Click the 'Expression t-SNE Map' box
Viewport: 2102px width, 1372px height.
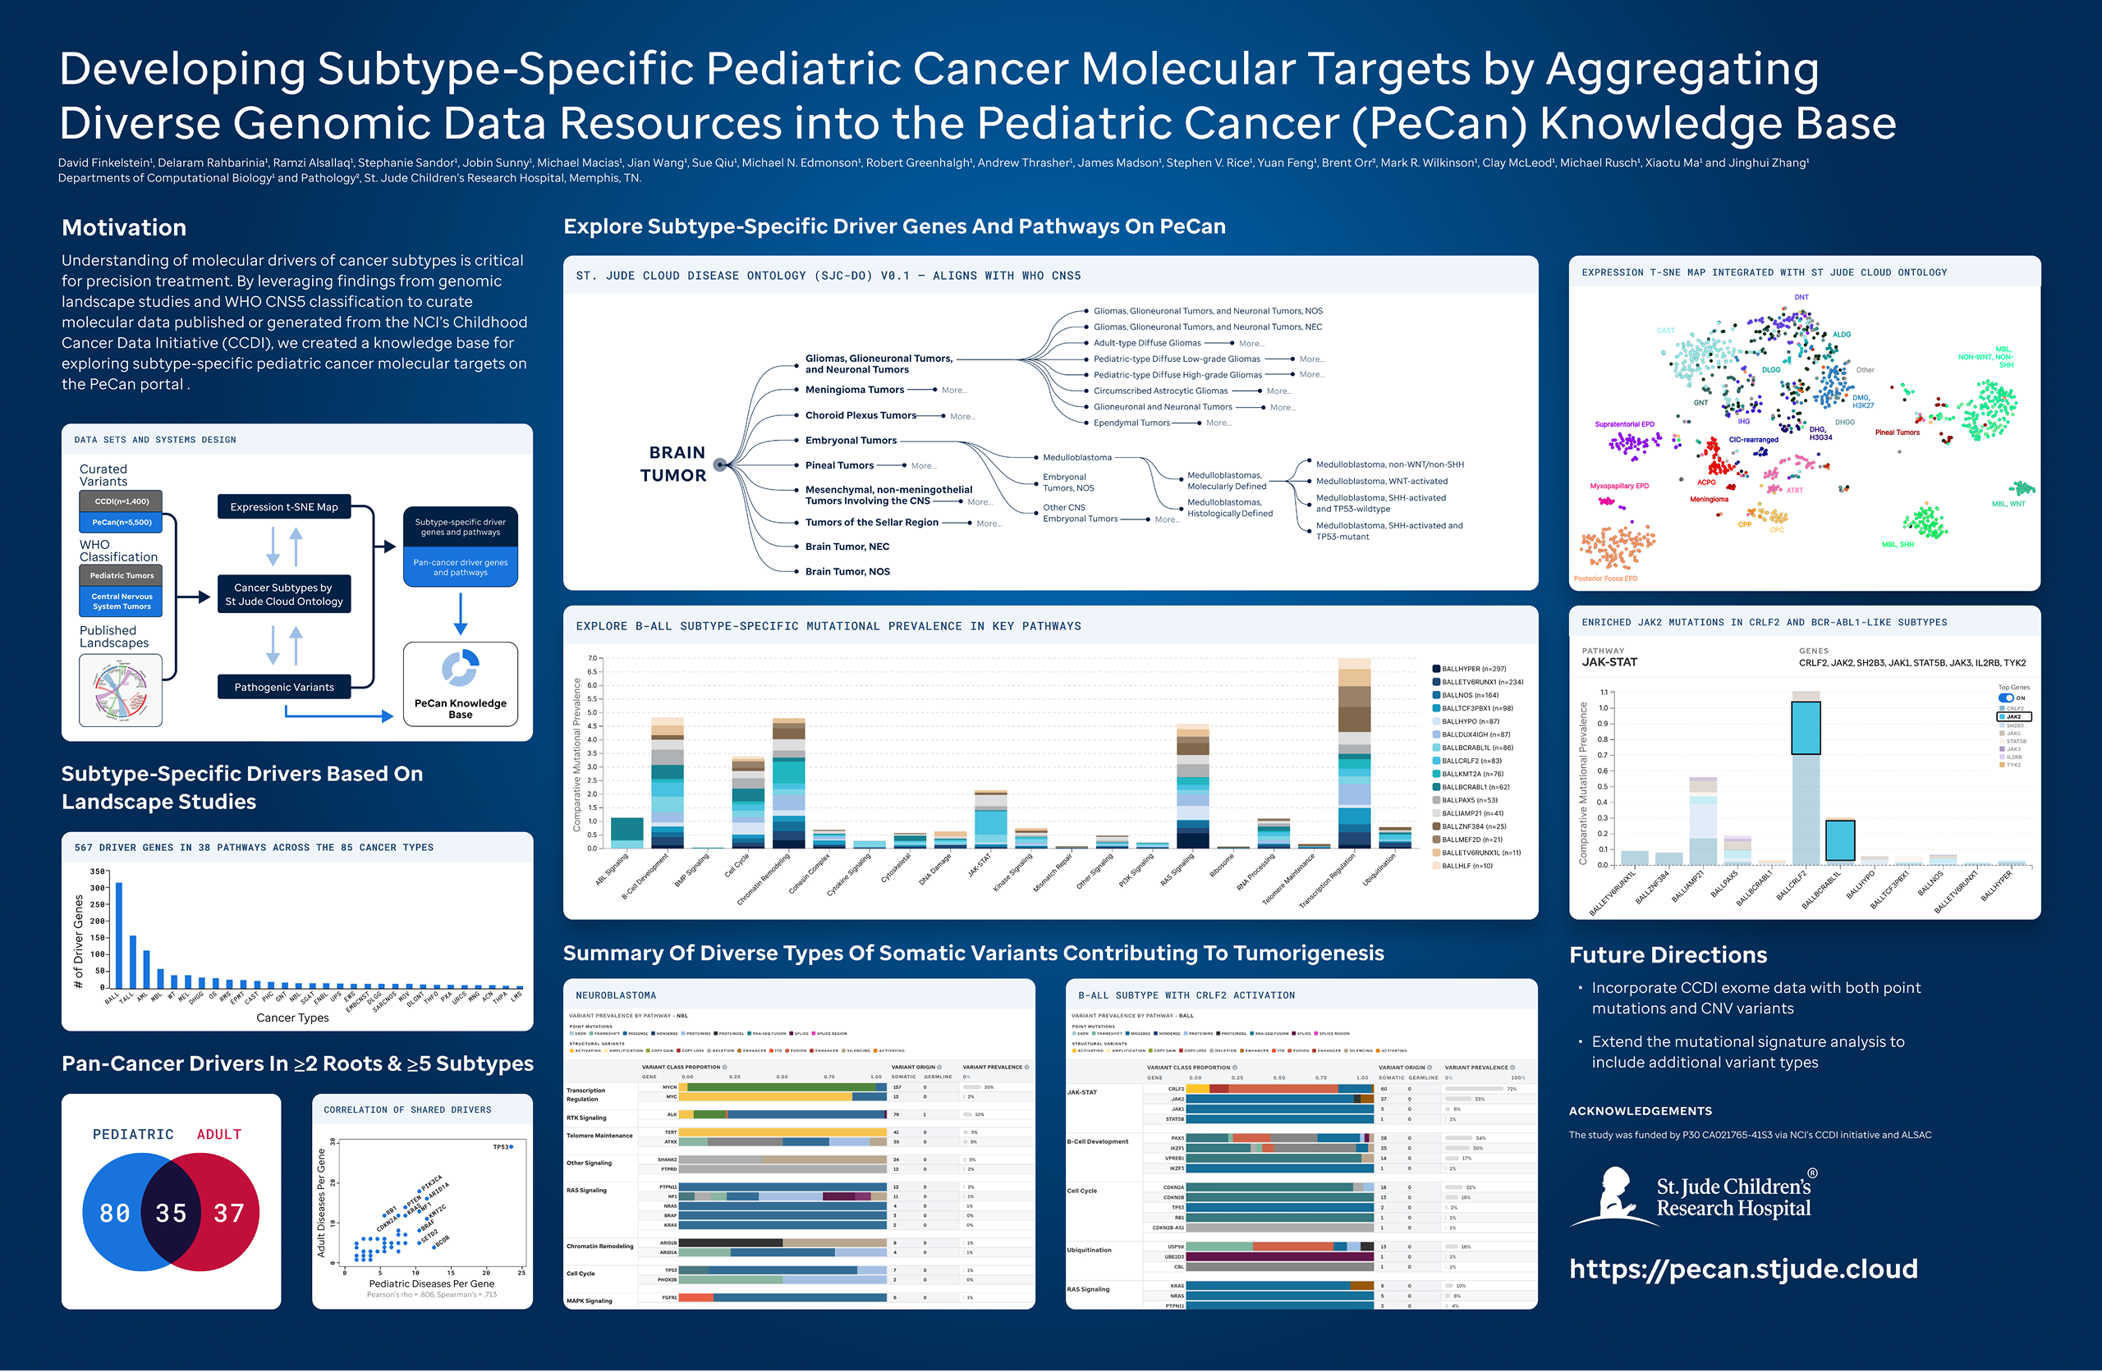click(x=283, y=507)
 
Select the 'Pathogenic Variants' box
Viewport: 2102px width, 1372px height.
click(x=283, y=687)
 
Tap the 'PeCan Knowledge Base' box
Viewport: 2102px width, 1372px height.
click(x=460, y=685)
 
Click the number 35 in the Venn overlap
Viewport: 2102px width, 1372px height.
click(x=172, y=1213)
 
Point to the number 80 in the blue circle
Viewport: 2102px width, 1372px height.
click(x=115, y=1213)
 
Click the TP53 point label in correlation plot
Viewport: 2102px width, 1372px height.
click(x=501, y=1147)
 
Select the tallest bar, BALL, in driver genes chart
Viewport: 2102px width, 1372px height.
click(x=119, y=934)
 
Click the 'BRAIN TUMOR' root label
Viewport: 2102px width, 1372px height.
click(x=675, y=464)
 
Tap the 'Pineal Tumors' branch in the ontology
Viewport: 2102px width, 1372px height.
click(x=839, y=465)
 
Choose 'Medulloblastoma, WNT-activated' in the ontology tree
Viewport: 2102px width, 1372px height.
click(x=1381, y=481)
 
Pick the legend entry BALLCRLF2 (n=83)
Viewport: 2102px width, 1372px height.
click(x=1471, y=761)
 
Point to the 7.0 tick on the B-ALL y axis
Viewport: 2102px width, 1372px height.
click(x=592, y=659)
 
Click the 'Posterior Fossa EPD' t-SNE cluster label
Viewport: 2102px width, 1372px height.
click(x=1604, y=579)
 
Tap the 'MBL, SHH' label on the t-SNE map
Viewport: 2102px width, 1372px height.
click(x=1897, y=545)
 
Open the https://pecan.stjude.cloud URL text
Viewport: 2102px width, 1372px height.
click(x=1742, y=1269)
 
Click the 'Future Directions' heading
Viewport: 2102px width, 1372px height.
click(x=1668, y=955)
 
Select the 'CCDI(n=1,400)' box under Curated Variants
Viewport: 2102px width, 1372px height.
click(x=122, y=501)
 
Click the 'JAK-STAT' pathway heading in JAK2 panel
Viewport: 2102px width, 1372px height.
click(x=1609, y=662)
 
